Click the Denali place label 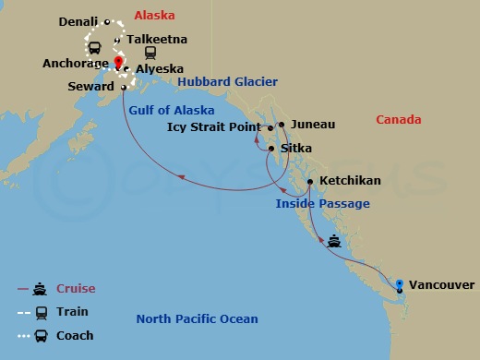78,21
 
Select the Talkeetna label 157,40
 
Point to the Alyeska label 160,69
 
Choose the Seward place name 91,87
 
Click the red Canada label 399,120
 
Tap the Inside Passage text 322,204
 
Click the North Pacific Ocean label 197,319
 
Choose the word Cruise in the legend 77,289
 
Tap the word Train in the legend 73,312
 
